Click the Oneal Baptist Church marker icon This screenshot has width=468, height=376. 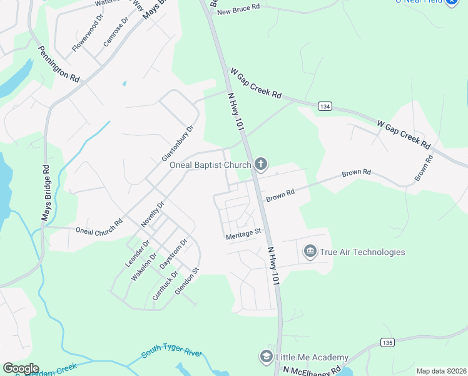[261, 165]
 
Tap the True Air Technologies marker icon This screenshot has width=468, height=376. [310, 252]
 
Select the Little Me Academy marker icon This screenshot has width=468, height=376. [266, 357]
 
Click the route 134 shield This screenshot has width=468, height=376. [323, 107]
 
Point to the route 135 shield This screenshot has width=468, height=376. [387, 342]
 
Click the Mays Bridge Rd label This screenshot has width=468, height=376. [46, 192]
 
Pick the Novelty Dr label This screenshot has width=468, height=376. [152, 214]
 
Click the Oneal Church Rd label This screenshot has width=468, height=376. [99, 230]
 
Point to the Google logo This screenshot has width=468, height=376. [21, 368]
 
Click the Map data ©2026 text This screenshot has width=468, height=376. [440, 371]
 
